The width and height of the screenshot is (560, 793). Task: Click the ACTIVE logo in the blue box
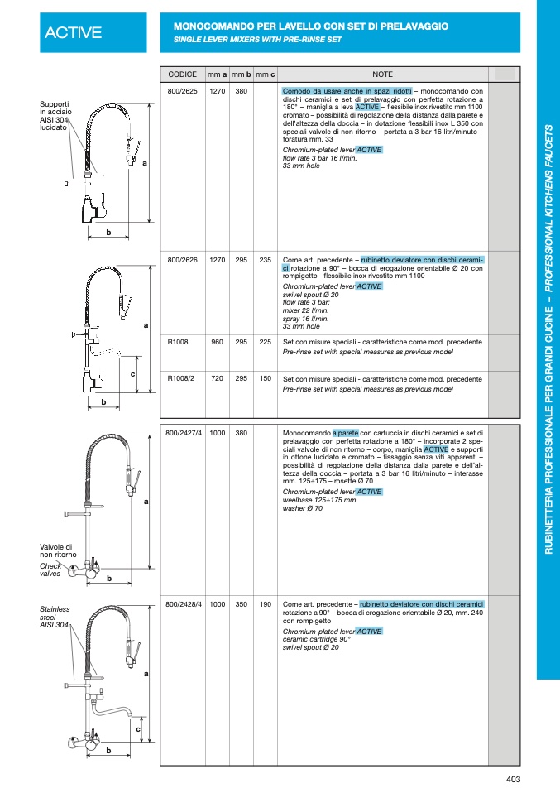coord(74,32)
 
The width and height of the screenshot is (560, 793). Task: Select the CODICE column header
coord(182,74)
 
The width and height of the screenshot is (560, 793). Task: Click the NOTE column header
coord(382,74)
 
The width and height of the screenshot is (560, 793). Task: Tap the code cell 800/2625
coord(182,90)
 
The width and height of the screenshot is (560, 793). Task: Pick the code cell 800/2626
coord(182,259)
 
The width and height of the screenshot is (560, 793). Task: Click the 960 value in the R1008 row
coord(218,341)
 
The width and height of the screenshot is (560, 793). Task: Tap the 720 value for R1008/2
coord(218,378)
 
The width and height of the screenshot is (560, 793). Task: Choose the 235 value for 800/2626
coord(265,259)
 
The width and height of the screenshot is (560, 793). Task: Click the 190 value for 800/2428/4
coord(265,604)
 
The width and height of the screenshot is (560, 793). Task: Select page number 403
coord(513,779)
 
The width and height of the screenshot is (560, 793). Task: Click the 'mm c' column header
coord(265,74)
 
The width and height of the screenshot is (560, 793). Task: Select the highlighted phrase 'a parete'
coord(346,432)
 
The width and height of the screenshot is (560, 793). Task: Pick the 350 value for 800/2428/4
coord(242,604)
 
